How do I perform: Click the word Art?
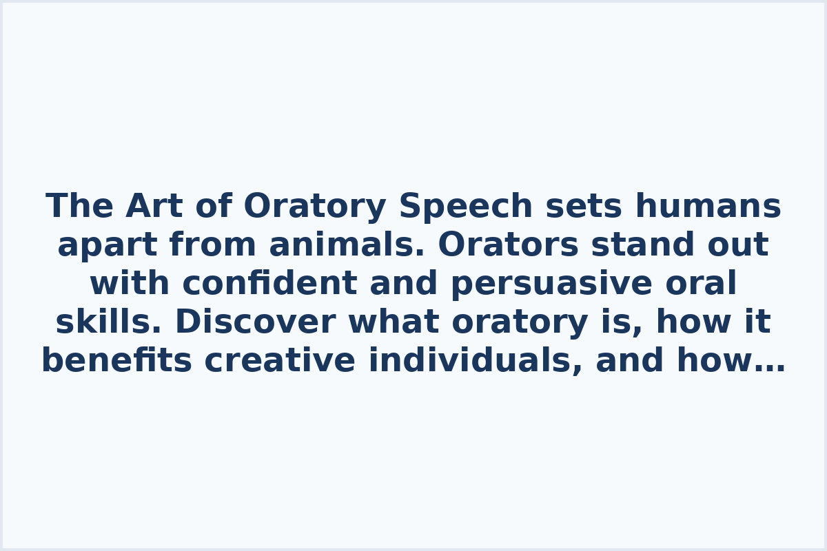point(154,207)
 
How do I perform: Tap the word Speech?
point(466,207)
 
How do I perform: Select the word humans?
point(708,207)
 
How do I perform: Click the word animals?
point(347,246)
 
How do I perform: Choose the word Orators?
point(509,246)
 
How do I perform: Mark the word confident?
point(269,284)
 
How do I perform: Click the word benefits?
point(116,362)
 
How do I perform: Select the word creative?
point(280,362)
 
